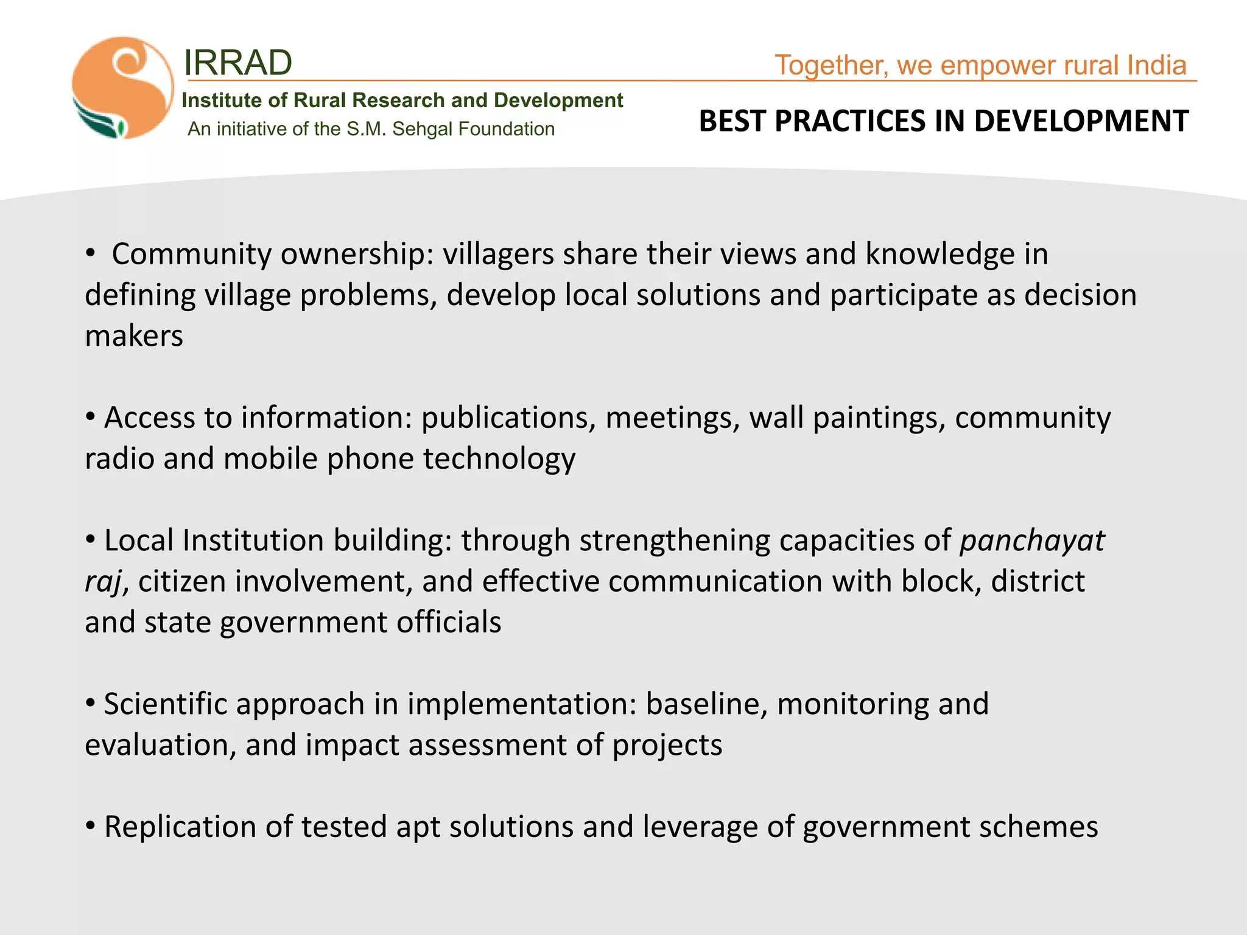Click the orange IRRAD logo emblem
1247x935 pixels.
[122, 88]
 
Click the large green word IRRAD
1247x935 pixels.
[238, 63]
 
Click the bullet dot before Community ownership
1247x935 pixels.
[91, 253]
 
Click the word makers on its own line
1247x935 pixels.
[134, 336]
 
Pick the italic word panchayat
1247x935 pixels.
[1032, 541]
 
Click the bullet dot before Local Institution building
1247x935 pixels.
[91, 539]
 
